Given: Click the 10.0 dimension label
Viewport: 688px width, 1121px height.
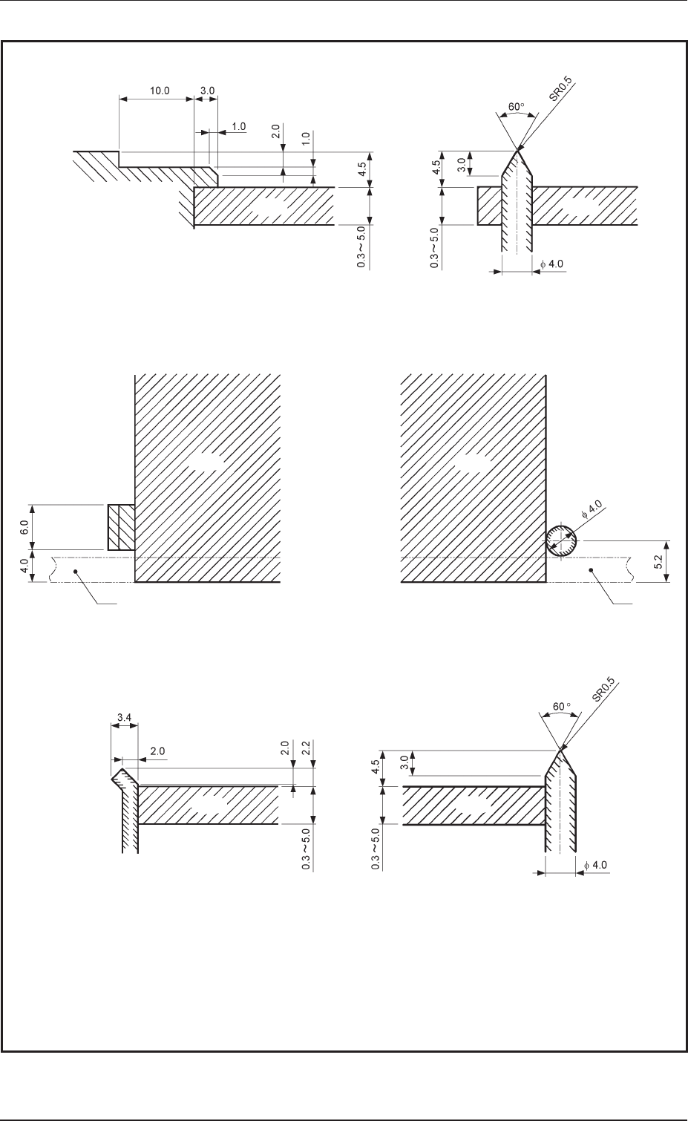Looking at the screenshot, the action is [159, 90].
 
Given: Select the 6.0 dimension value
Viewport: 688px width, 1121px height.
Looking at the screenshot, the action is [23, 528].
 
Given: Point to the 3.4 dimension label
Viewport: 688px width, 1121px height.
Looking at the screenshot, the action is [125, 718].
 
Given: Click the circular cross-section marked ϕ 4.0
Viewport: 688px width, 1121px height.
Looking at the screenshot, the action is [561, 539].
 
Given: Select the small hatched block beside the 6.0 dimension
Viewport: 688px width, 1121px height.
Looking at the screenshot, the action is [121, 528].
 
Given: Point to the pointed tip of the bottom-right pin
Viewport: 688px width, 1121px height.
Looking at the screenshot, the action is [561, 751].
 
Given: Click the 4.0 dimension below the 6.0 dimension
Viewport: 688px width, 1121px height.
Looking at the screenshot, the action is [23, 567].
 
